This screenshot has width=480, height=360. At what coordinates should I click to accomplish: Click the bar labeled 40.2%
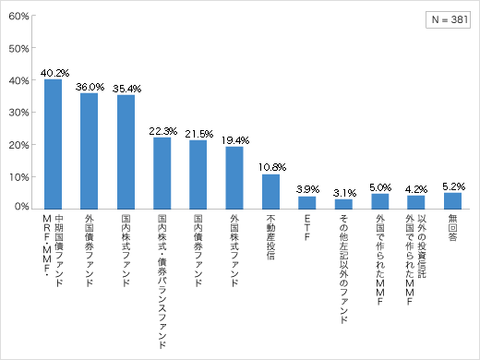pos(54,143)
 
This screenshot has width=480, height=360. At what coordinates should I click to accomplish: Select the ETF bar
pos(306,202)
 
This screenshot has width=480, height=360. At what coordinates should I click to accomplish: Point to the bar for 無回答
pos(452,200)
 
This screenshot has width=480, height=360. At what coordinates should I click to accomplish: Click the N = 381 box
pos(447,20)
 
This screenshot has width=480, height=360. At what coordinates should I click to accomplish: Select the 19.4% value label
pos(234,139)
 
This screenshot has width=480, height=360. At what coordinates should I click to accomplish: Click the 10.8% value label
pos(270,167)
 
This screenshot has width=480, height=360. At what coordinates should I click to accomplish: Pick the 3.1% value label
pos(343,192)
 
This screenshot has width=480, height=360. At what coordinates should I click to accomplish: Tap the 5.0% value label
pos(379,186)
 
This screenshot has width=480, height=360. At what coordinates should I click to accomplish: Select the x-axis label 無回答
pos(452,227)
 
